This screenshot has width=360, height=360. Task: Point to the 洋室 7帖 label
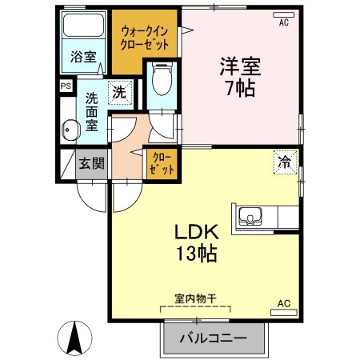[241, 76]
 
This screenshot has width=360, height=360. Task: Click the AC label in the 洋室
[283, 22]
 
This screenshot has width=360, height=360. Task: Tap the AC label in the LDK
[283, 303]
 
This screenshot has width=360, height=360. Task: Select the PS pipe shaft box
[65, 85]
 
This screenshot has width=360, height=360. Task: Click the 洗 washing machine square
[118, 92]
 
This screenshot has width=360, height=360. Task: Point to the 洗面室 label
[91, 113]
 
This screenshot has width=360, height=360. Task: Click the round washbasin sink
[69, 126]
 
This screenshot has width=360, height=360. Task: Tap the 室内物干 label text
[195, 298]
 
